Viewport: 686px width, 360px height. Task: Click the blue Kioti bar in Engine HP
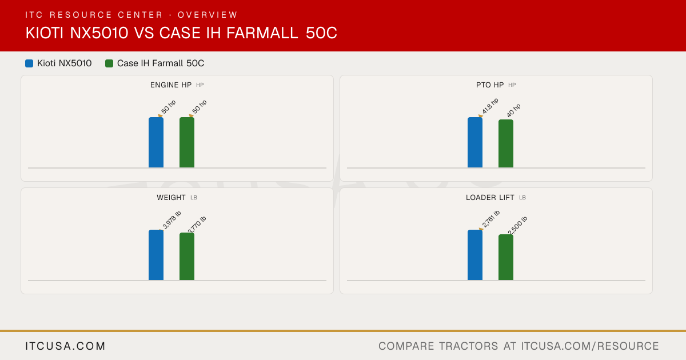(156, 142)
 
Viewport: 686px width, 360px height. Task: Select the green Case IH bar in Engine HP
(187, 142)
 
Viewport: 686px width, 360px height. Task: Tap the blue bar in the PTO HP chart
(475, 142)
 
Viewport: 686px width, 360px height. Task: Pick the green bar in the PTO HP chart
(506, 143)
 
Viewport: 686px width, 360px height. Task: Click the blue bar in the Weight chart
(156, 255)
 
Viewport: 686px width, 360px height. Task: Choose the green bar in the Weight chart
(187, 256)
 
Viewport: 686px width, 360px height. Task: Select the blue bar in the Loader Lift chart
(475, 255)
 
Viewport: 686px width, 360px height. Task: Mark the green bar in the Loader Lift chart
(506, 257)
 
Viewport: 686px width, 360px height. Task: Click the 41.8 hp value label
(490, 106)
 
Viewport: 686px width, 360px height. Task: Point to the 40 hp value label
(513, 110)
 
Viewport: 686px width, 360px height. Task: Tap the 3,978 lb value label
(172, 219)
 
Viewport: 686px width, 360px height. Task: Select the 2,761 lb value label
(490, 218)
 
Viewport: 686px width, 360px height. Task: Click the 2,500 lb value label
(517, 225)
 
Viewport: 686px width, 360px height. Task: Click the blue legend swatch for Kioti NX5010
(29, 63)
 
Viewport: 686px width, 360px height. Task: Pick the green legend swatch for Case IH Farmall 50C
(109, 63)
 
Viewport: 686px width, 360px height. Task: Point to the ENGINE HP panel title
(171, 85)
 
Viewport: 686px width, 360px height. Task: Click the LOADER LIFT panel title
(490, 198)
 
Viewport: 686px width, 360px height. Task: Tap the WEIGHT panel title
(171, 198)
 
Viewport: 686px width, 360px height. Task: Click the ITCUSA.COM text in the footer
(65, 346)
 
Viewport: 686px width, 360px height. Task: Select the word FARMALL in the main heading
(262, 33)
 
